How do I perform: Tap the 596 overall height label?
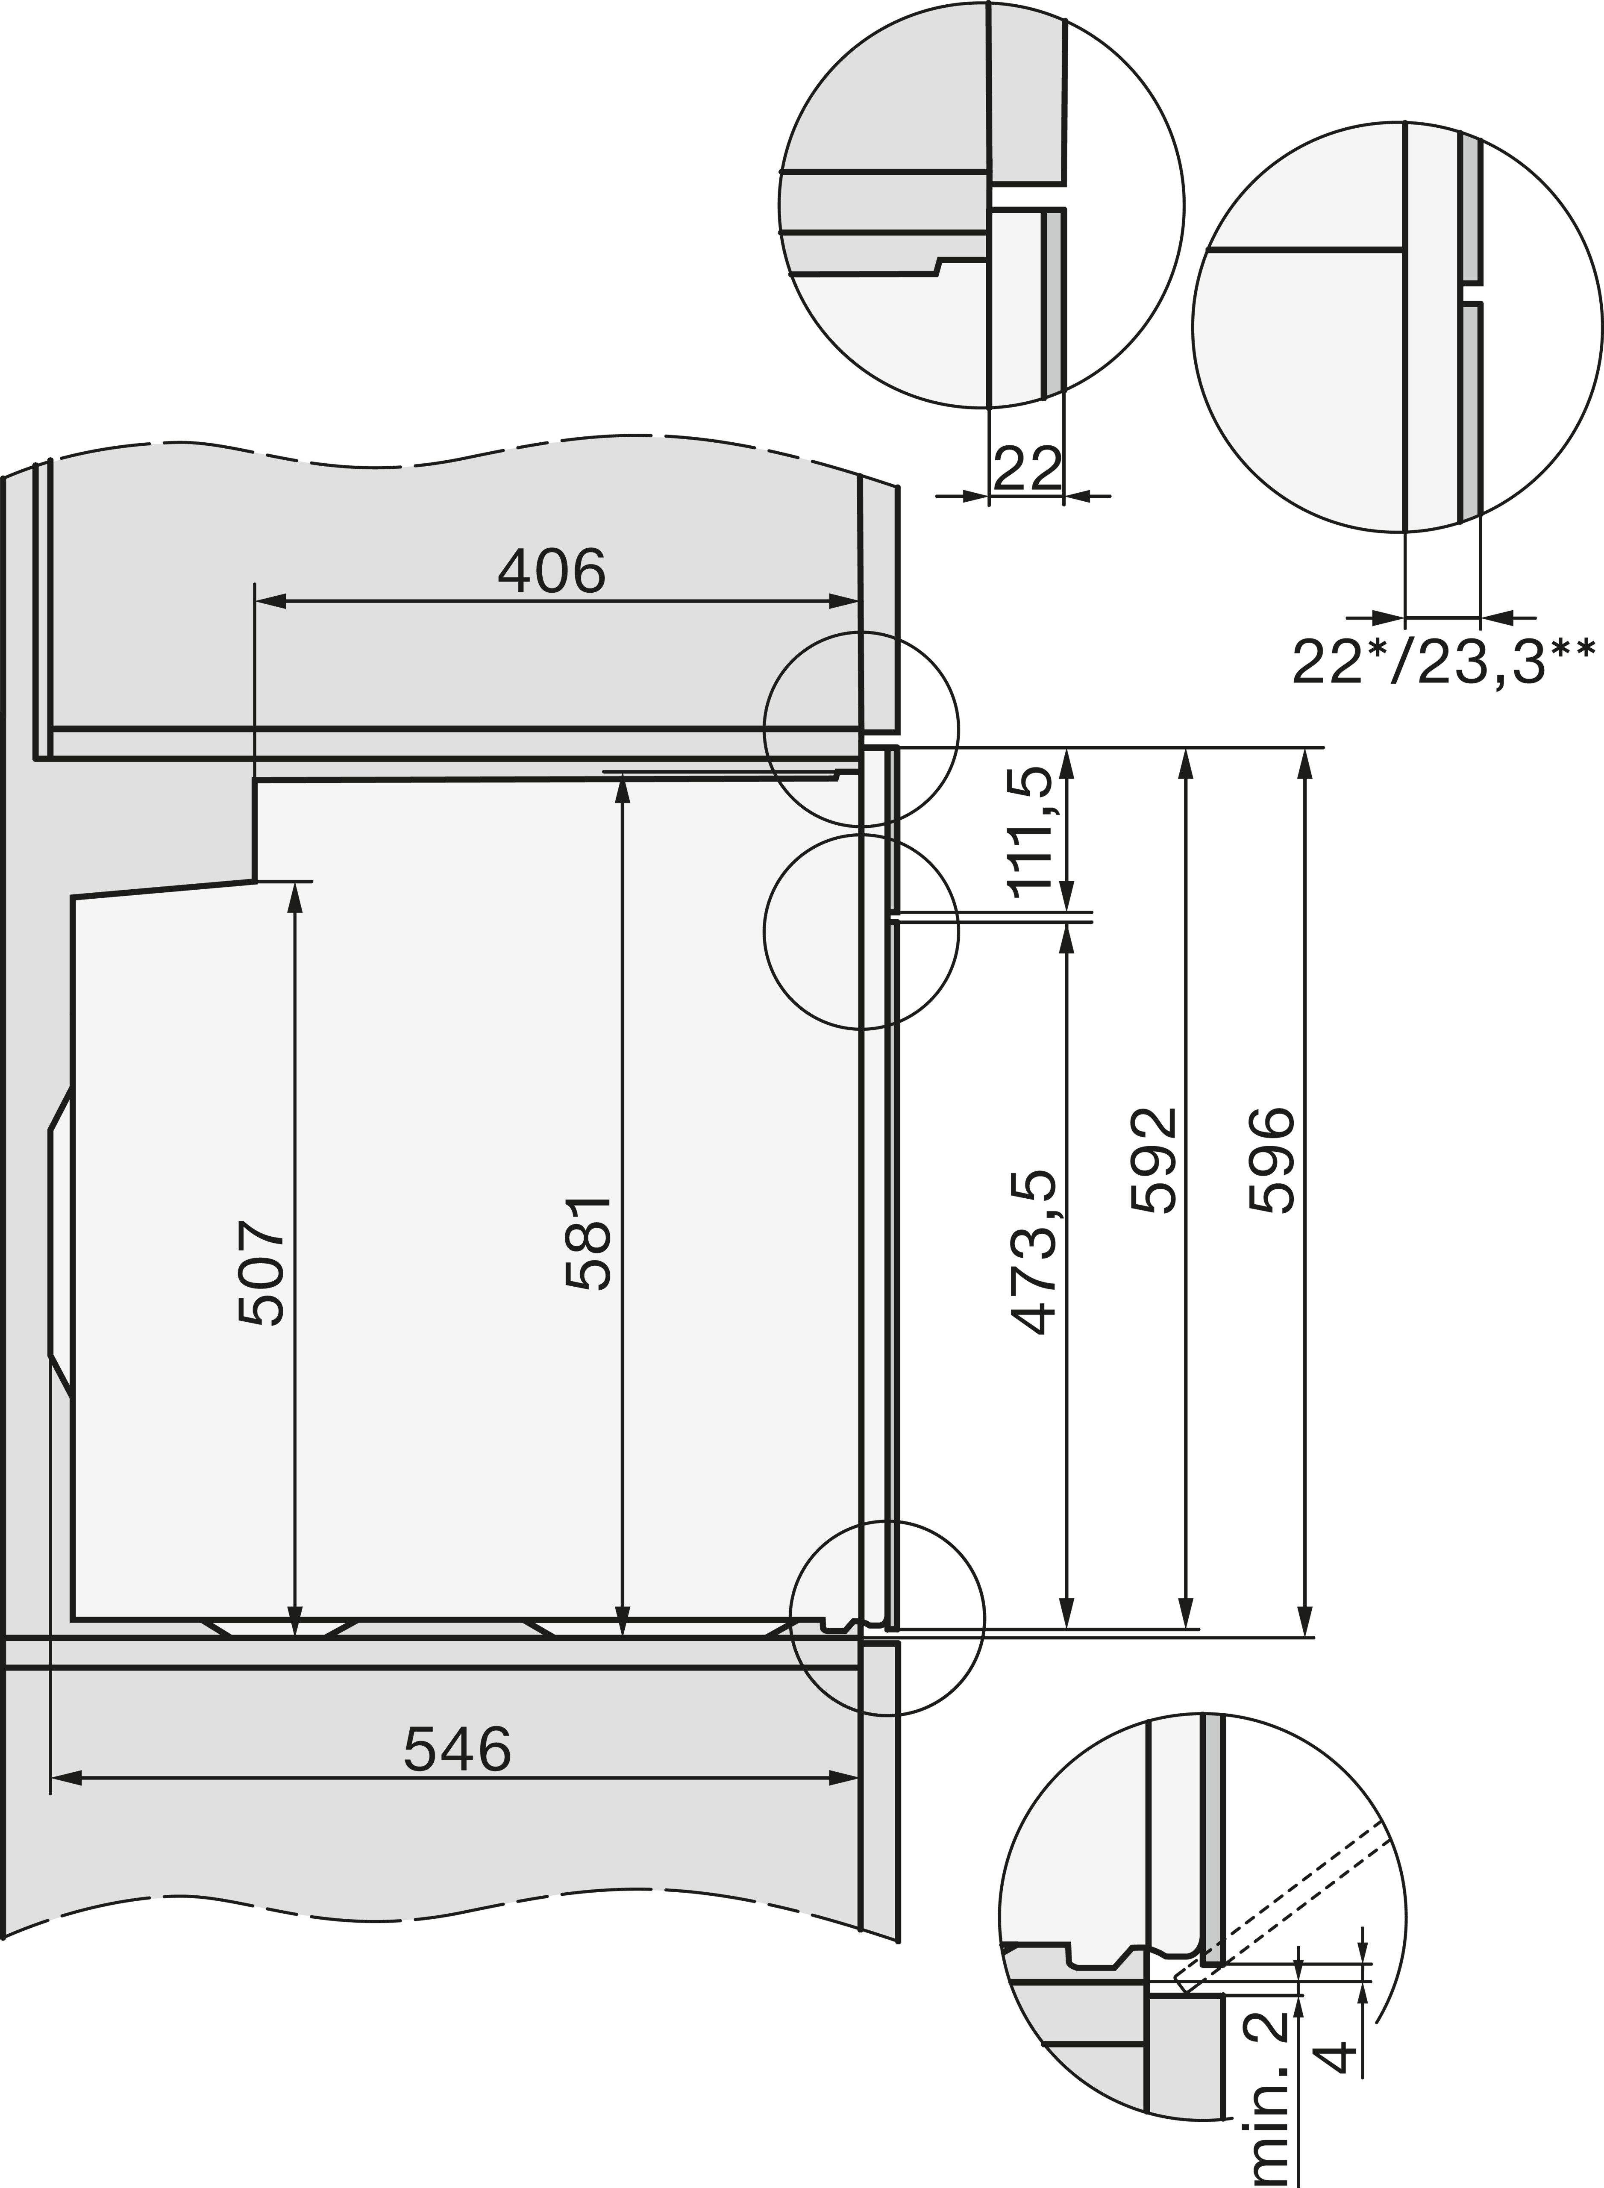(x=1272, y=1161)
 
